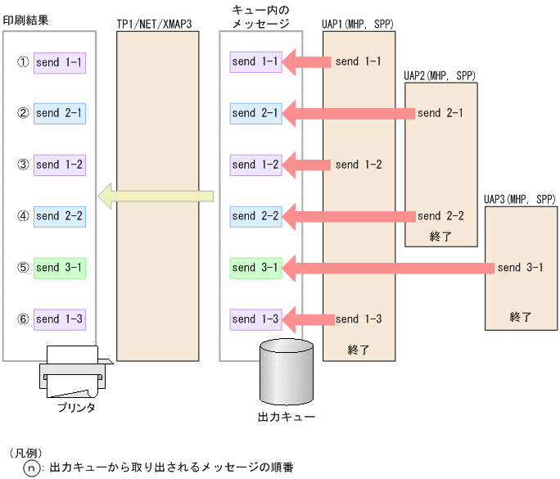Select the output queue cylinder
point(286,372)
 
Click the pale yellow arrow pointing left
point(156,196)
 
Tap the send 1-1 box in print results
point(60,62)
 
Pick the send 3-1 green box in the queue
point(255,268)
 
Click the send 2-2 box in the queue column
point(255,216)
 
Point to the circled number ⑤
point(23,268)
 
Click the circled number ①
point(23,62)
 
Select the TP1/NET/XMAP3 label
point(155,25)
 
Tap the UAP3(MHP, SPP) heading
point(520,199)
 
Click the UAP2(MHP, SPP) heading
point(440,75)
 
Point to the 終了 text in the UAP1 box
point(359,350)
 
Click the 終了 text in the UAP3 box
point(521,316)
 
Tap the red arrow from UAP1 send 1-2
point(308,165)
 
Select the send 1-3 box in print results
point(60,319)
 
